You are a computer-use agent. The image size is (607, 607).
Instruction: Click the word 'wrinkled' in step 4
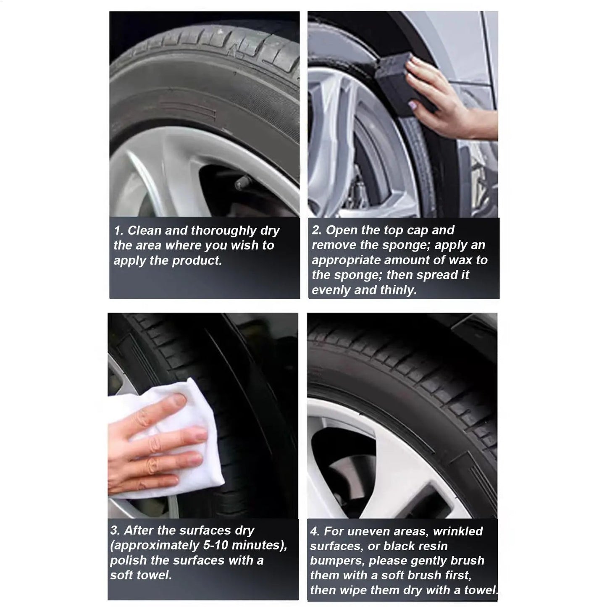click(x=458, y=531)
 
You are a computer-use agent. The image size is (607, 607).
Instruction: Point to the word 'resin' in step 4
click(x=433, y=546)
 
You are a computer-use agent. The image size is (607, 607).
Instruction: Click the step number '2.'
click(x=316, y=230)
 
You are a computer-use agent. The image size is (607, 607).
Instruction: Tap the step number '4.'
click(x=315, y=531)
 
